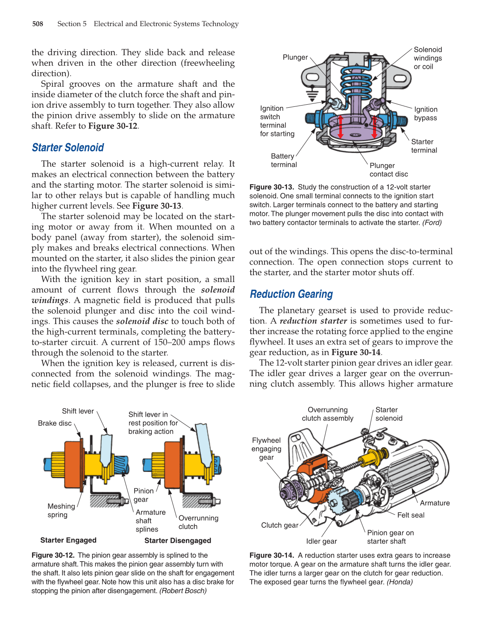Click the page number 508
(x=38, y=24)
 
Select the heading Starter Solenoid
(x=68, y=148)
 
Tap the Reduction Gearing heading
(x=291, y=294)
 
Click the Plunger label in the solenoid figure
(x=295, y=57)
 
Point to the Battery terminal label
(x=283, y=161)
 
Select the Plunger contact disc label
(x=388, y=170)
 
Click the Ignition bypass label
(x=425, y=114)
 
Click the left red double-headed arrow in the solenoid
(x=341, y=126)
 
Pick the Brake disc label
(x=55, y=423)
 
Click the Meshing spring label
(x=61, y=511)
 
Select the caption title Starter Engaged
(x=68, y=540)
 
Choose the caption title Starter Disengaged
(x=178, y=541)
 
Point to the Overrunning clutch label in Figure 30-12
(x=198, y=522)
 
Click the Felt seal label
(x=411, y=515)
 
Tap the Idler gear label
(x=321, y=541)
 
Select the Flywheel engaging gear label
(x=266, y=449)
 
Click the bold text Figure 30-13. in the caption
(x=271, y=187)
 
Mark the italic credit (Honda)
(x=400, y=582)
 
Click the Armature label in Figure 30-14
(x=435, y=503)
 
